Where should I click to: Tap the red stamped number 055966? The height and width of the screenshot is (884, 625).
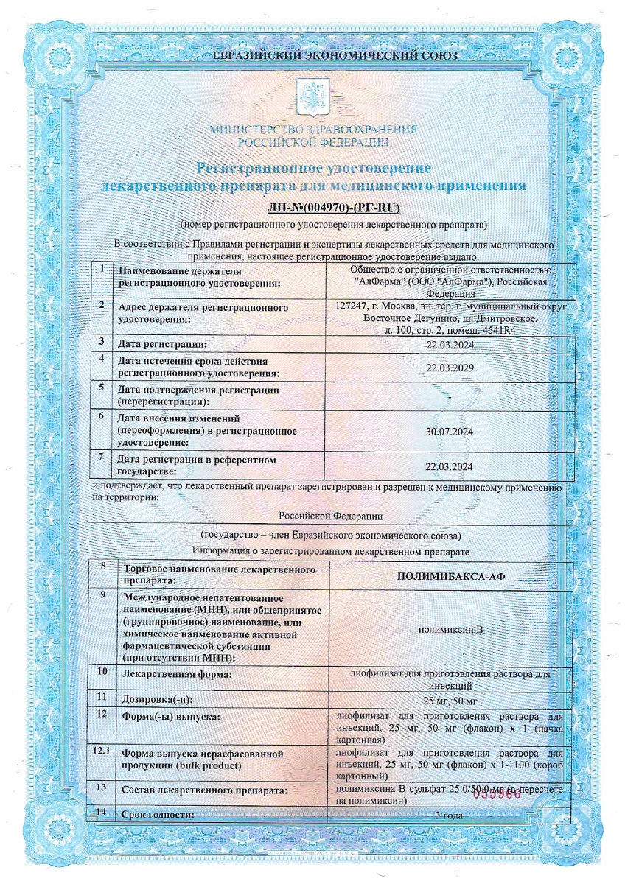click(497, 793)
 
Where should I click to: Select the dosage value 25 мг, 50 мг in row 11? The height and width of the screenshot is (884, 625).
click(447, 699)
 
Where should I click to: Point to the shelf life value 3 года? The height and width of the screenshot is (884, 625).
click(449, 815)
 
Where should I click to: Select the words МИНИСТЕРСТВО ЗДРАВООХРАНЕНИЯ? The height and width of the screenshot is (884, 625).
click(313, 130)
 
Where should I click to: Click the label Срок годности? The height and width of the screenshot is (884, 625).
click(158, 815)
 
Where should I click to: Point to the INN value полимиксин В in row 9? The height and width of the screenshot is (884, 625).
click(449, 630)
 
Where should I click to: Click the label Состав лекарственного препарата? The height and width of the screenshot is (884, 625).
click(204, 790)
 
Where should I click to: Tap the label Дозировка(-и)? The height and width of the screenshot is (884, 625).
click(161, 698)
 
